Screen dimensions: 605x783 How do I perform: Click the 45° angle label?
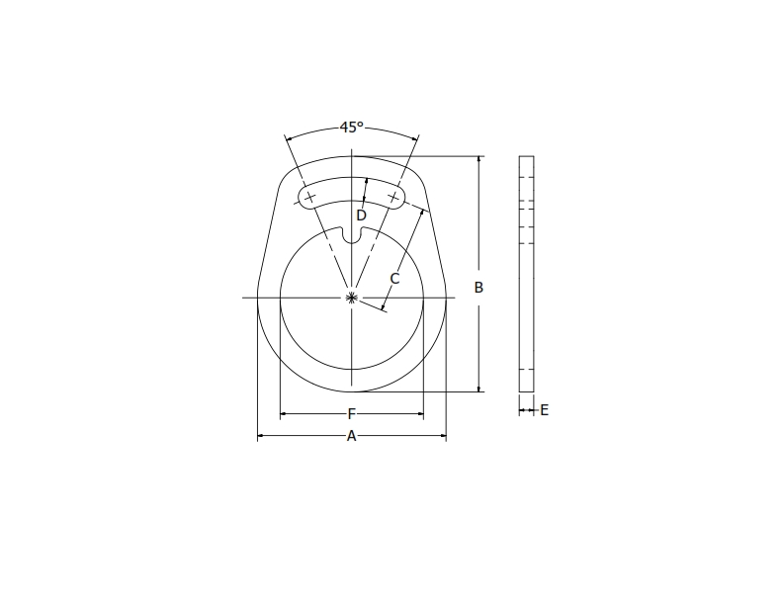pos(351,128)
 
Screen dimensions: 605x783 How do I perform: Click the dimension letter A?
pos(351,436)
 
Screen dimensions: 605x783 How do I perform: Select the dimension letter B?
pos(478,288)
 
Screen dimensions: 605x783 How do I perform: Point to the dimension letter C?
pos(393,279)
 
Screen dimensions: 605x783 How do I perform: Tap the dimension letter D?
pos(361,215)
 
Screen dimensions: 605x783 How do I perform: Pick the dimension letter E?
pos(544,410)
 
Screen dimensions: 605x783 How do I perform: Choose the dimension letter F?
pos(351,414)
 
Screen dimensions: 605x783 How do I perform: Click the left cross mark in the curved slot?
pos(310,198)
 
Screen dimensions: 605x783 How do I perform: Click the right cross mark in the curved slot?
pos(393,198)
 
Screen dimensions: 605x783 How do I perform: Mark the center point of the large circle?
pos(352,297)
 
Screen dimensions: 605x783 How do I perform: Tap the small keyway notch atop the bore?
pos(352,235)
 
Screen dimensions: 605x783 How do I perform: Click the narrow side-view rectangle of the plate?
pos(526,274)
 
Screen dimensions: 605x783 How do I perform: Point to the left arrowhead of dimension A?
pos(261,436)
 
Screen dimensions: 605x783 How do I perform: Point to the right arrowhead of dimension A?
pos(443,436)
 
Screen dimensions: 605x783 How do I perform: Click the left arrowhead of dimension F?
pos(284,414)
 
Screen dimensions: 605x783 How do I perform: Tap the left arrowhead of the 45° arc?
pos(288,137)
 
